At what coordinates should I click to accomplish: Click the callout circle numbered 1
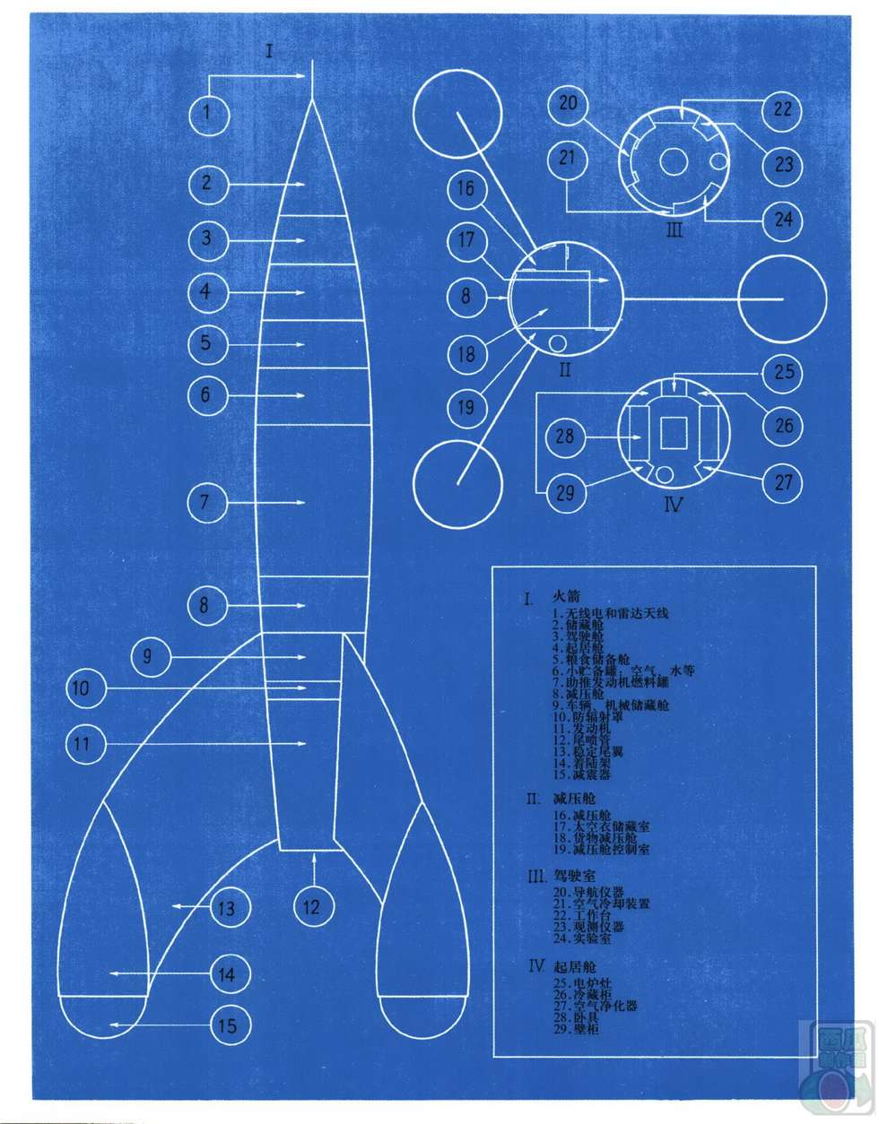click(208, 114)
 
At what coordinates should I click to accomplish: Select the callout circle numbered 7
click(206, 502)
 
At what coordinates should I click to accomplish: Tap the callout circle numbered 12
click(311, 906)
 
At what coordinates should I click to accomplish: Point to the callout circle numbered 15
click(228, 1025)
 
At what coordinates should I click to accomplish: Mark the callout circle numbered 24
click(783, 219)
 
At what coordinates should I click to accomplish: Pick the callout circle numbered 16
click(466, 189)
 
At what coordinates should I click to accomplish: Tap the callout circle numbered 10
click(83, 688)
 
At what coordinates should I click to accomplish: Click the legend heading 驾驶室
click(574, 875)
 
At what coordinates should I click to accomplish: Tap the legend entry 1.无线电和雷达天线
click(611, 613)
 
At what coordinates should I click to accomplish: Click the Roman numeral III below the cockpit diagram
click(674, 229)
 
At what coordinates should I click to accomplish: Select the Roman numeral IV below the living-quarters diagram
click(673, 505)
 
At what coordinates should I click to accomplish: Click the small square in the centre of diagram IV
click(674, 435)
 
